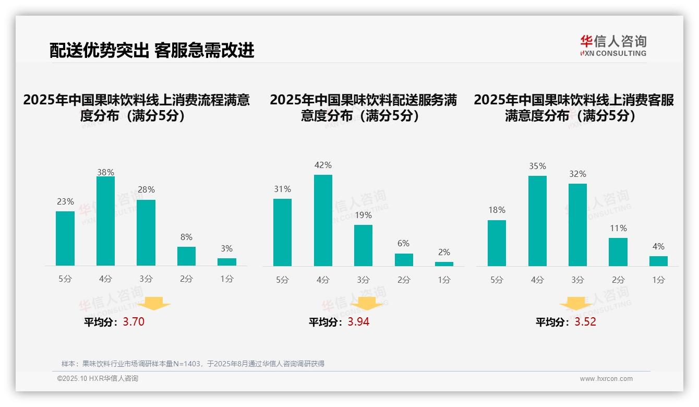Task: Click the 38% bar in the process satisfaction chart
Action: (x=105, y=221)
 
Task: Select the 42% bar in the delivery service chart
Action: (x=323, y=220)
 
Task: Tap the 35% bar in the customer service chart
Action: (x=537, y=221)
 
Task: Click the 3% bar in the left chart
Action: (x=227, y=262)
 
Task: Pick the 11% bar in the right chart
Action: (x=618, y=252)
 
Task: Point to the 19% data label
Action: (x=363, y=215)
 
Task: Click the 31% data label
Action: (x=282, y=189)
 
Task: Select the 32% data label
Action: (x=577, y=174)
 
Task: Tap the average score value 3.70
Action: (x=134, y=322)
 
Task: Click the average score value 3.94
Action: (x=358, y=322)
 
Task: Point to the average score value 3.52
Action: (x=585, y=322)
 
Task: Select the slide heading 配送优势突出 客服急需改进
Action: (x=152, y=50)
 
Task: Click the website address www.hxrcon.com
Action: (x=606, y=379)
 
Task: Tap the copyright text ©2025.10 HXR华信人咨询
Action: (x=98, y=379)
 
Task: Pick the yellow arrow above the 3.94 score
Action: (x=367, y=303)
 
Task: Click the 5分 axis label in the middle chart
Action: (x=282, y=280)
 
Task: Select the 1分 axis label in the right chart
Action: (x=658, y=280)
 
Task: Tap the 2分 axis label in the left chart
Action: (x=186, y=279)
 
